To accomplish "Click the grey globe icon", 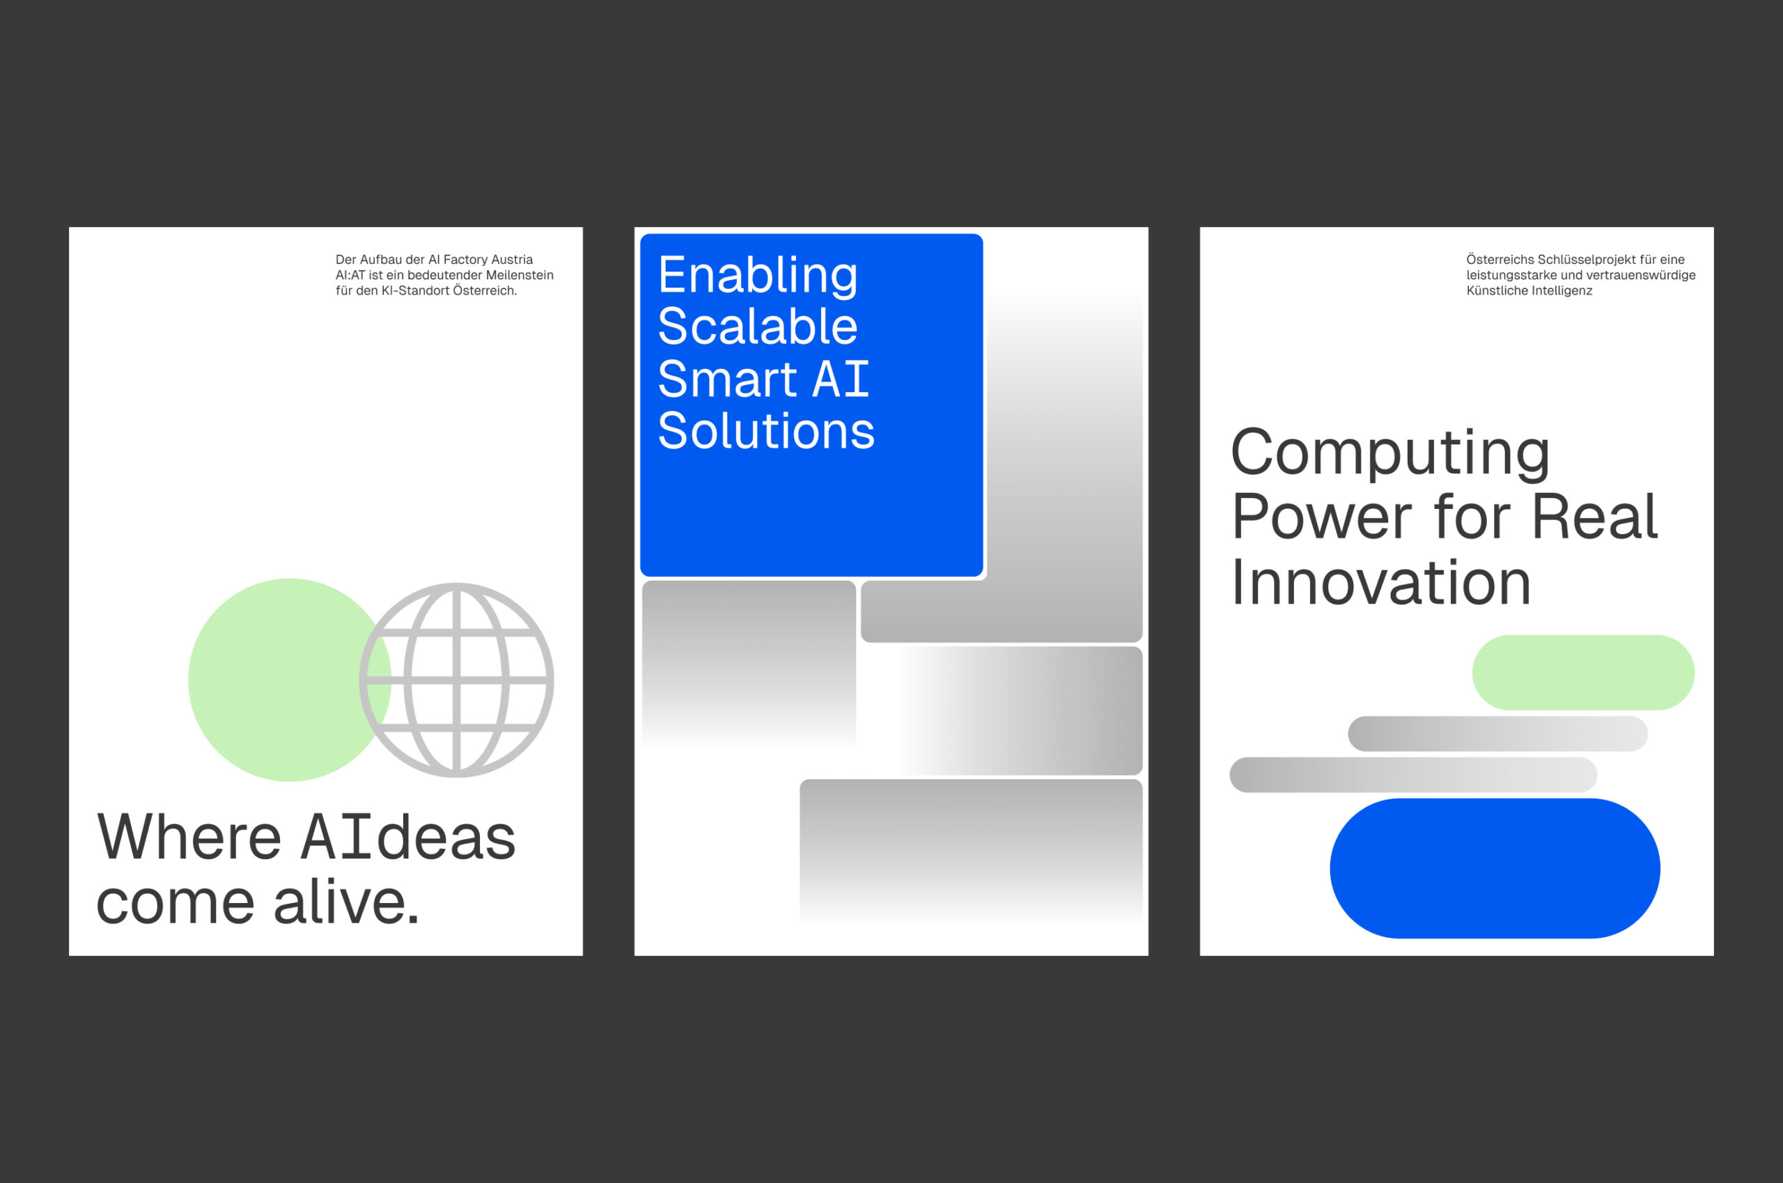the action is (x=456, y=680).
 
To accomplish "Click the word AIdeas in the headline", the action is (x=408, y=838).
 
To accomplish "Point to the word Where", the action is (x=189, y=838).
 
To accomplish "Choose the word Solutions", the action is (x=766, y=431).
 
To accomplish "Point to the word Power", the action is (x=1321, y=517).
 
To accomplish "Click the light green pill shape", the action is (x=1583, y=672).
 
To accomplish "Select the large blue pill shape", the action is (x=1495, y=868).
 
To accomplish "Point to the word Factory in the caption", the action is (x=465, y=260).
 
